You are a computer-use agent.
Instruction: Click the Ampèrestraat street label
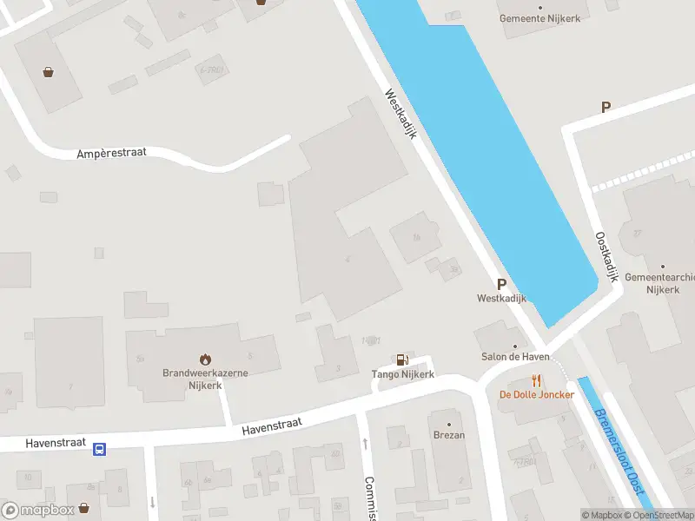coord(111,153)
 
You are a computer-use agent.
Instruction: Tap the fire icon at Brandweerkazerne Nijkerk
coord(206,358)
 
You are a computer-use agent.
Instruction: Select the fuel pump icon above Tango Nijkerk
coord(402,359)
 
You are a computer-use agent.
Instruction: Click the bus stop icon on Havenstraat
coord(100,449)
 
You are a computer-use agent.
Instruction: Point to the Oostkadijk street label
coord(606,255)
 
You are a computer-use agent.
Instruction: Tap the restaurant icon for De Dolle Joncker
coord(536,380)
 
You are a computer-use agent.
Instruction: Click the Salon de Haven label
coord(515,357)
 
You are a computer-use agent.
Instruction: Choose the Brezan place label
coord(448,435)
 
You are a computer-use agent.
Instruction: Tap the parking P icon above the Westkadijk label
coord(501,283)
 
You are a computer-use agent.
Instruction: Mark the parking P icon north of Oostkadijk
coord(606,108)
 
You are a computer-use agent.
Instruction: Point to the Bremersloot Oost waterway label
coord(619,452)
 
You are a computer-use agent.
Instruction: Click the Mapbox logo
coord(36,511)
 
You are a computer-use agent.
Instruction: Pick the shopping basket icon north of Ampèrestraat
coord(50,72)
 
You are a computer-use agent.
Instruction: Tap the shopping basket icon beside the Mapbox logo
coord(84,507)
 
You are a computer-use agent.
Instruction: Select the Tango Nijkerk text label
coord(403,375)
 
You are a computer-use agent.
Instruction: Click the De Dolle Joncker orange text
coord(536,395)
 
